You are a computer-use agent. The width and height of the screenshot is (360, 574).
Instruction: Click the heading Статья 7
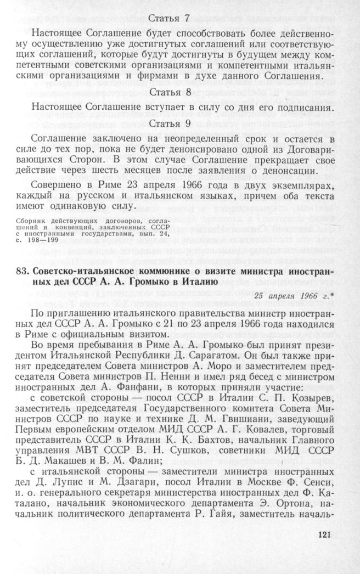point(170,18)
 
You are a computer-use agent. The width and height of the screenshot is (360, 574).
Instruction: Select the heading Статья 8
point(170,91)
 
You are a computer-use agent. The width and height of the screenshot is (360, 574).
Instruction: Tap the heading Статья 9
point(170,123)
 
